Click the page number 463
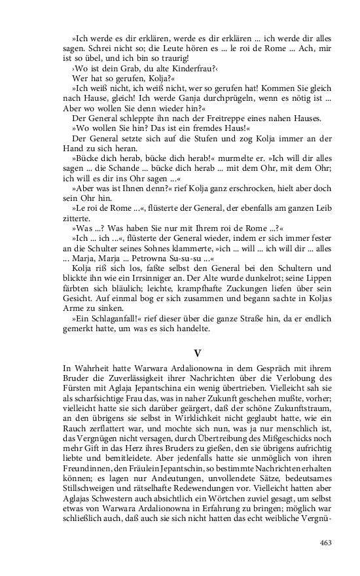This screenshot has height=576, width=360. [325, 542]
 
